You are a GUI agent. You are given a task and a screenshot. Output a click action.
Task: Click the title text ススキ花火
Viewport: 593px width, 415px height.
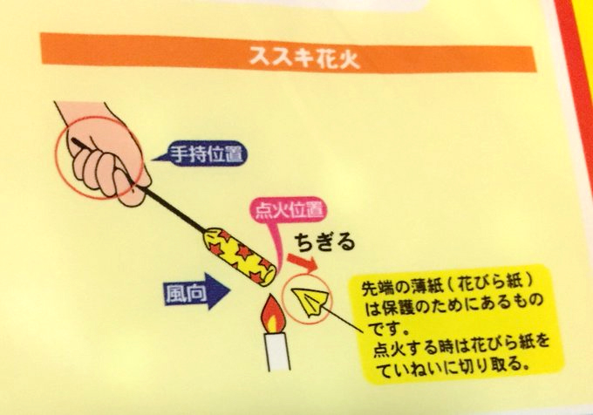304,58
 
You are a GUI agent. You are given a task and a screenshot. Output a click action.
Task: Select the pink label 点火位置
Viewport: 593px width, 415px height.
289,210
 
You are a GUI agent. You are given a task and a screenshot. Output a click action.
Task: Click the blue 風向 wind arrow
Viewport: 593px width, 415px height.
197,292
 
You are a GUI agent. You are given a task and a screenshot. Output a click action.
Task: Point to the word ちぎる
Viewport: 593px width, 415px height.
325,242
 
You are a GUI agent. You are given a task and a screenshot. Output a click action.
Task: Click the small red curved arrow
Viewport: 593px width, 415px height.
303,262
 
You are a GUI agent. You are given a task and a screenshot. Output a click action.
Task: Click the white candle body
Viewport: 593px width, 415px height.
278,350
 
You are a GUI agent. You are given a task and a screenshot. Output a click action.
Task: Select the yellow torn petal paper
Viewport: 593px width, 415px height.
311,301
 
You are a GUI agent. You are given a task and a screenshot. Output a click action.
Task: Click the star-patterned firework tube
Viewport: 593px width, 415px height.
239,255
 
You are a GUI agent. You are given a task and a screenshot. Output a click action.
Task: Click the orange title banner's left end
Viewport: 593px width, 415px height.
42,49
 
